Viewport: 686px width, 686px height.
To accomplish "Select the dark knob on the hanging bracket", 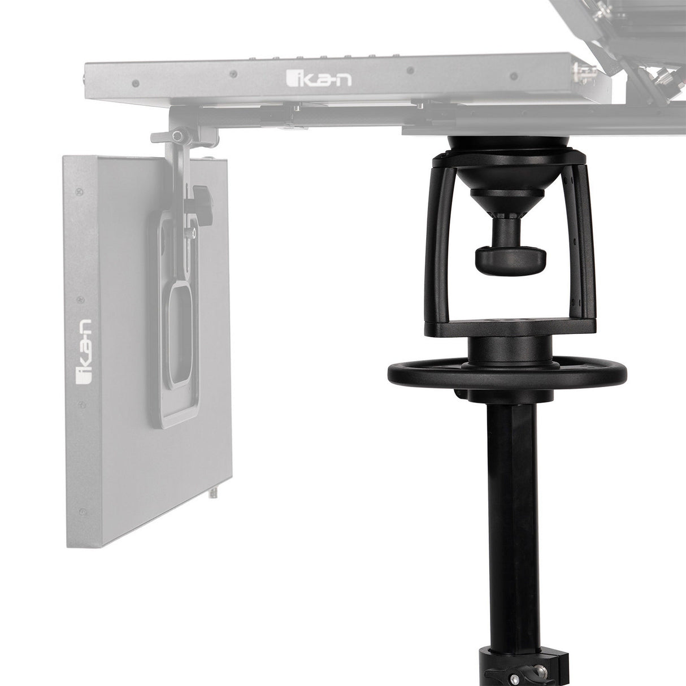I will tap(201, 196).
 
